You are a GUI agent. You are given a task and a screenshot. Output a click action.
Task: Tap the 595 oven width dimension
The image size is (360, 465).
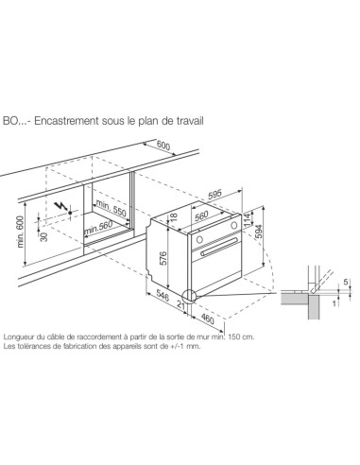(x=215, y=195)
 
